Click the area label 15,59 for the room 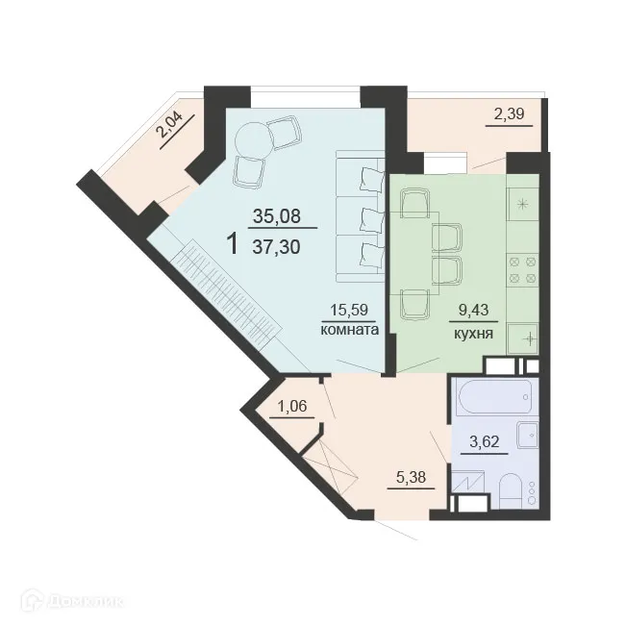coord(350,311)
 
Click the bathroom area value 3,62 coord(485,443)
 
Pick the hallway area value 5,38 coord(407,475)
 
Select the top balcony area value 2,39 coord(510,115)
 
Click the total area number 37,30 coord(276,246)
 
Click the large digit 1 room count coord(232,241)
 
